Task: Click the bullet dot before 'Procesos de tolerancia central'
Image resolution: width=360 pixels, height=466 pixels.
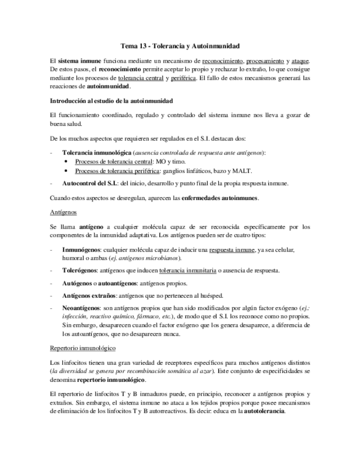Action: (67, 162)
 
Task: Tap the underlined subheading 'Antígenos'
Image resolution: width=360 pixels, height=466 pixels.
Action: (63, 212)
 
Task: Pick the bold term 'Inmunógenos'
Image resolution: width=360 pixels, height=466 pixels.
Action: (80, 249)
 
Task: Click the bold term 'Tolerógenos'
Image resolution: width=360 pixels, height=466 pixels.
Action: (80, 270)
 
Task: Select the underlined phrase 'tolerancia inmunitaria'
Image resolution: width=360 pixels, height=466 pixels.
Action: (187, 270)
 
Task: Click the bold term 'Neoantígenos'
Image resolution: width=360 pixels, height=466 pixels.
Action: (81, 308)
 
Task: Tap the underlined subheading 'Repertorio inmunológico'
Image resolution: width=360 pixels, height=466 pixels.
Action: (82, 348)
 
